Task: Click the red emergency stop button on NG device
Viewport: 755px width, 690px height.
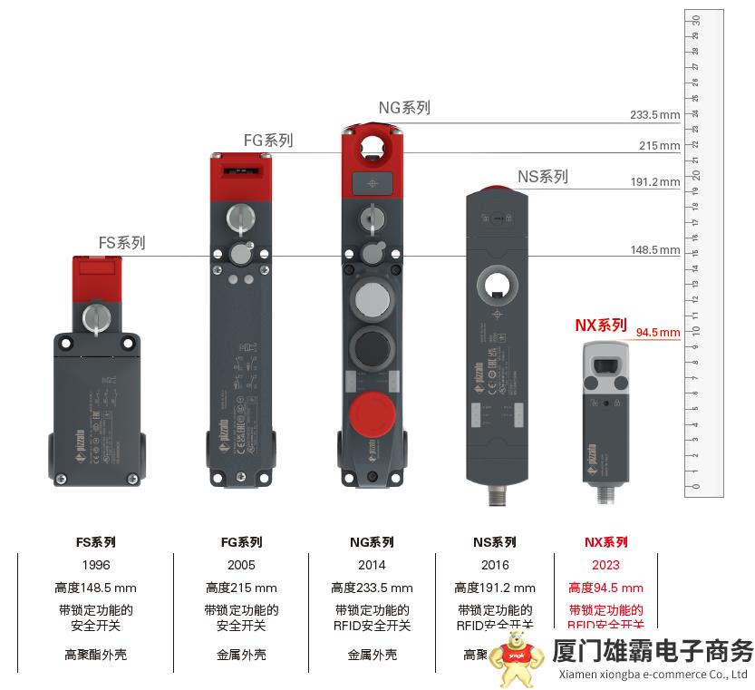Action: pyautogui.click(x=373, y=412)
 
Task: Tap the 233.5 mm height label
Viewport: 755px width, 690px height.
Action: pyautogui.click(x=654, y=115)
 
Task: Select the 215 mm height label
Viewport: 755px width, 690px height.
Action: pyautogui.click(x=659, y=146)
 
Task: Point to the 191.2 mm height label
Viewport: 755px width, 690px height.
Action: pyautogui.click(x=654, y=181)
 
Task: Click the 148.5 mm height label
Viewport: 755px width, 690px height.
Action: pyautogui.click(x=654, y=249)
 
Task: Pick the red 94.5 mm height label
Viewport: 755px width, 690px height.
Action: pyautogui.click(x=657, y=333)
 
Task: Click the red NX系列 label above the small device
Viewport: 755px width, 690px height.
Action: pyautogui.click(x=600, y=325)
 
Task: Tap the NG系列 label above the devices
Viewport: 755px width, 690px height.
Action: pyautogui.click(x=404, y=108)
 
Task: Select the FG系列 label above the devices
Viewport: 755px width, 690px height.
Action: pyautogui.click(x=268, y=141)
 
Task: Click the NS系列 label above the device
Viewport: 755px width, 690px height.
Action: pyautogui.click(x=542, y=176)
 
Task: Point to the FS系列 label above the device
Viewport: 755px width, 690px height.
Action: pyautogui.click(x=121, y=242)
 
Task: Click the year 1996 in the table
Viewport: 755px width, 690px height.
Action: pyautogui.click(x=96, y=564)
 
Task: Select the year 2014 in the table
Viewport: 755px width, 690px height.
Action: pyautogui.click(x=372, y=564)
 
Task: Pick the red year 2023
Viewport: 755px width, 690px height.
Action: pyautogui.click(x=605, y=564)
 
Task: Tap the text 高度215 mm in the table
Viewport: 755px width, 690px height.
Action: pyautogui.click(x=241, y=588)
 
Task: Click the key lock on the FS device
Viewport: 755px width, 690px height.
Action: pyautogui.click(x=96, y=316)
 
